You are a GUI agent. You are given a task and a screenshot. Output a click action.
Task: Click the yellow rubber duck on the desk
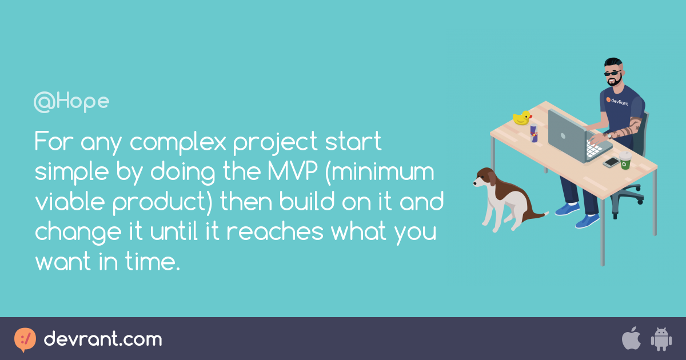click(522, 118)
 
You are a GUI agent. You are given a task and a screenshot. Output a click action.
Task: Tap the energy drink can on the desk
click(534, 133)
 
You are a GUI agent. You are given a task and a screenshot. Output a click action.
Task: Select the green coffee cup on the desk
click(625, 161)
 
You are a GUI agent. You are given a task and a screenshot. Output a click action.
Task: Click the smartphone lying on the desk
click(611, 162)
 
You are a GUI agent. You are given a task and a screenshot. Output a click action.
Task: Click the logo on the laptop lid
click(563, 136)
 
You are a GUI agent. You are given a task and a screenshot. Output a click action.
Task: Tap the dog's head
click(485, 178)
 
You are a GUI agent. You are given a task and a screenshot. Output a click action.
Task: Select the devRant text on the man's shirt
click(617, 103)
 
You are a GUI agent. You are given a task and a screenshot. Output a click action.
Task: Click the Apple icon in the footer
click(631, 339)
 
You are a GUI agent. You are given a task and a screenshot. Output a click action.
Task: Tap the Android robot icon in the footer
click(661, 339)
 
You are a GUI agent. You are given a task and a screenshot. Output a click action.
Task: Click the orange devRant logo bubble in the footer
click(25, 339)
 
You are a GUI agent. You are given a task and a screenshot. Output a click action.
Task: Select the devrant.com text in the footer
click(103, 339)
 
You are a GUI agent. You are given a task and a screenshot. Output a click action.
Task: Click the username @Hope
click(71, 102)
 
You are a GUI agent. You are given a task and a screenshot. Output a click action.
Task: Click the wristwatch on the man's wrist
click(610, 136)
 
